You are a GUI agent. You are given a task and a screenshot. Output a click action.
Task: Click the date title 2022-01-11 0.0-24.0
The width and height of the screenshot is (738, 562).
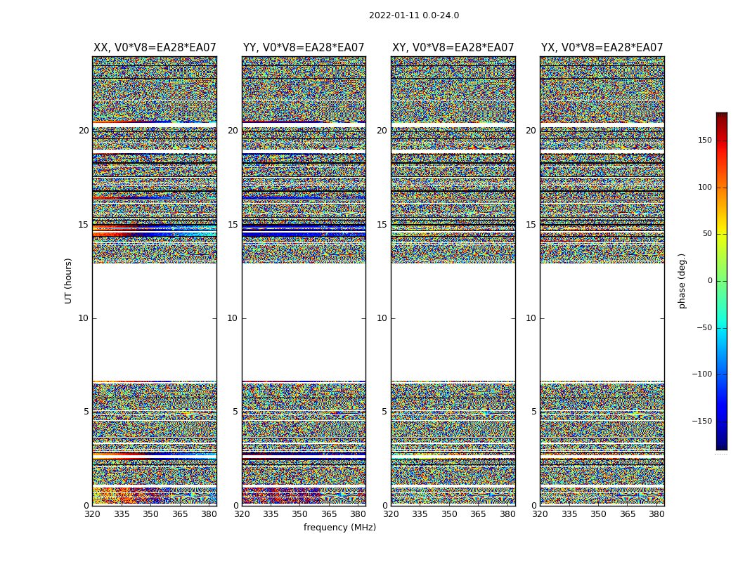click(x=413, y=15)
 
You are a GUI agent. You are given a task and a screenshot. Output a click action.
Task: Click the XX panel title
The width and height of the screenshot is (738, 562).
click(x=155, y=48)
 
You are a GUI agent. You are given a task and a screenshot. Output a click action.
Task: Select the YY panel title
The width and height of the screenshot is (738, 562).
click(x=304, y=48)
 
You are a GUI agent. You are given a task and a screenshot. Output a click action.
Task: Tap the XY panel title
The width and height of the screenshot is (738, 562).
click(x=453, y=48)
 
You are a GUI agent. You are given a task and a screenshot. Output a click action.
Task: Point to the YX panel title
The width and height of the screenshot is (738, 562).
click(x=602, y=48)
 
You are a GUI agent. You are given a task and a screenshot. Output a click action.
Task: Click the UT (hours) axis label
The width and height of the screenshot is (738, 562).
click(x=68, y=280)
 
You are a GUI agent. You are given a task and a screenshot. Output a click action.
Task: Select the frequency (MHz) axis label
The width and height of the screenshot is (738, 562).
click(x=339, y=528)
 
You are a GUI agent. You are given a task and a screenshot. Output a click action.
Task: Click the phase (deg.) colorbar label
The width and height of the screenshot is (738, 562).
click(x=682, y=280)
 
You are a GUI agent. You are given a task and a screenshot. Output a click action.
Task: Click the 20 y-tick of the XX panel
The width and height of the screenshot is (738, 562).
click(x=84, y=131)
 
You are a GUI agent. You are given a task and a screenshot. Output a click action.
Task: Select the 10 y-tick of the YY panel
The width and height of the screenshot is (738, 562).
click(x=233, y=318)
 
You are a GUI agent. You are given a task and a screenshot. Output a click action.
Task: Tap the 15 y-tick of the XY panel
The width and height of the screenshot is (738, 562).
click(x=382, y=225)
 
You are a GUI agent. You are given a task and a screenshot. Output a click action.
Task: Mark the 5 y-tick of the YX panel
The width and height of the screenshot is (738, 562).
click(x=533, y=412)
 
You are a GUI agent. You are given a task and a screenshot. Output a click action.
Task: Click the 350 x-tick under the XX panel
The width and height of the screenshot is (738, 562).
click(x=150, y=514)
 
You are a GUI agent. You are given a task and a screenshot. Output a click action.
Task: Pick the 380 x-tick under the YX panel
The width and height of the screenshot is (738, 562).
click(x=656, y=514)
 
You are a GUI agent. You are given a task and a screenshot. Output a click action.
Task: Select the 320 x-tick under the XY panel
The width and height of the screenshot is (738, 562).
click(x=391, y=514)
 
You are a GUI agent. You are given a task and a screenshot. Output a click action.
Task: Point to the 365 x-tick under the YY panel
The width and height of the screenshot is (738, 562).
click(x=329, y=514)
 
